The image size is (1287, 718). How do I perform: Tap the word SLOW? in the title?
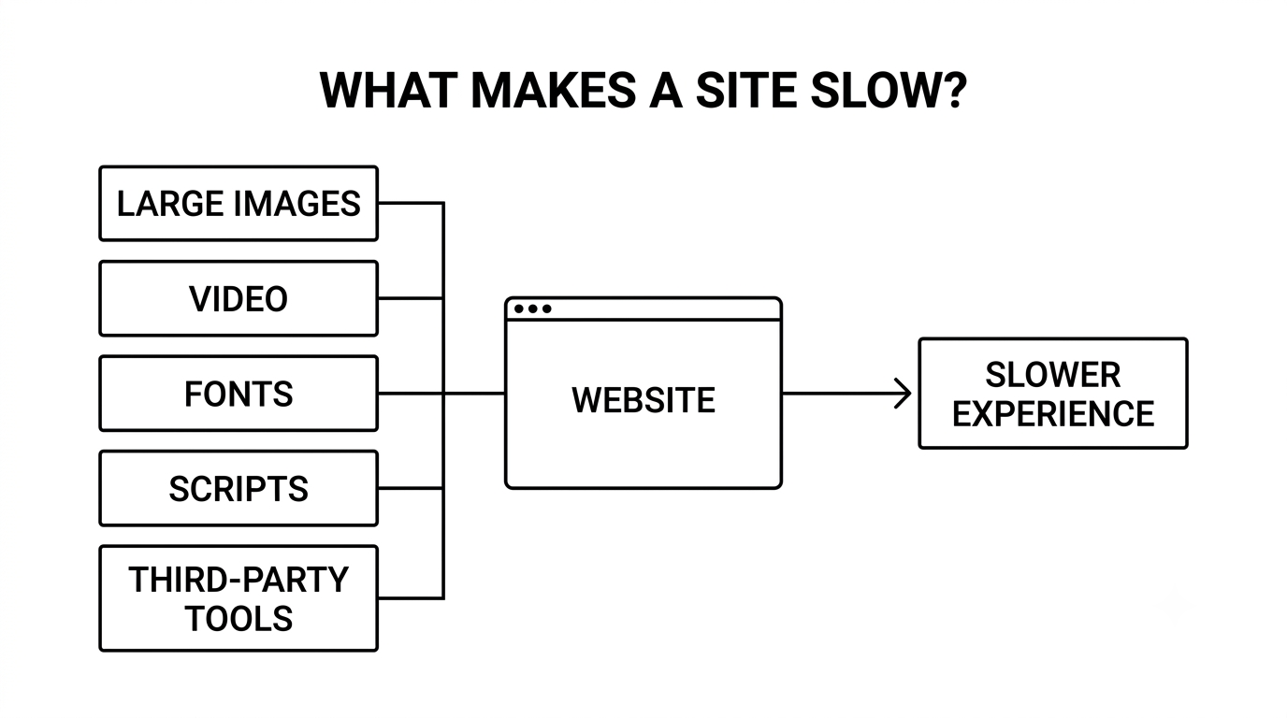(x=889, y=90)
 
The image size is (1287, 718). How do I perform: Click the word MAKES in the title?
(x=554, y=90)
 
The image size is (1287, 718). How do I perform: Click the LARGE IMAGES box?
(x=239, y=203)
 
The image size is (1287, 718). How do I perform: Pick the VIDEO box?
(x=239, y=298)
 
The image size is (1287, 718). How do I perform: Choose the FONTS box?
(x=239, y=394)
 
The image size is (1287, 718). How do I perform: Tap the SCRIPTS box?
(x=239, y=488)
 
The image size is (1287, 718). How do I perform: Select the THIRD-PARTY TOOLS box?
(x=239, y=598)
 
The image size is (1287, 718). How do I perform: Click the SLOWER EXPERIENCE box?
(x=1053, y=394)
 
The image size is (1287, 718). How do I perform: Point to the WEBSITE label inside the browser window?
(x=643, y=400)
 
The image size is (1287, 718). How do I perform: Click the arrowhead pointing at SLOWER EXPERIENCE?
(x=904, y=394)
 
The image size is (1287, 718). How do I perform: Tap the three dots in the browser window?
(x=532, y=309)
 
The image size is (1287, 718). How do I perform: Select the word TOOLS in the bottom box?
(x=239, y=618)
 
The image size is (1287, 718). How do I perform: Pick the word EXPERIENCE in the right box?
(x=1053, y=413)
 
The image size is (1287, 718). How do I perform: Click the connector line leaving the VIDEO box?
(x=411, y=298)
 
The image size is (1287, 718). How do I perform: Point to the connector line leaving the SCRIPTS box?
(x=411, y=488)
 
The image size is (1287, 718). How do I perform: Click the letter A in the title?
(x=666, y=90)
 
